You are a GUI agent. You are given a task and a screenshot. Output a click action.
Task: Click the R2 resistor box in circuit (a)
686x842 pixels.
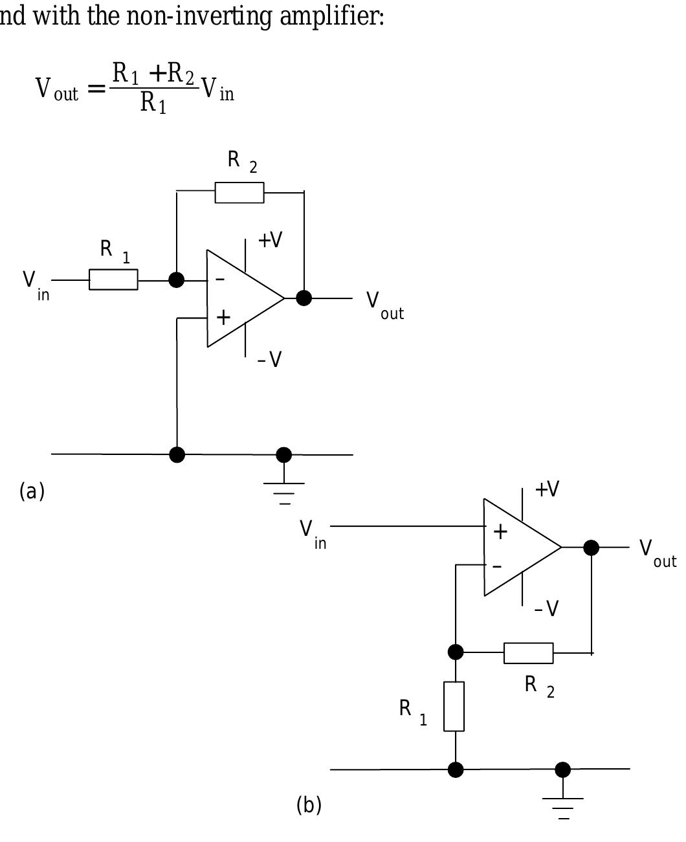239,193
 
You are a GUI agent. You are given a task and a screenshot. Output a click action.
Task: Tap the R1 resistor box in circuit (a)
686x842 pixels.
113,280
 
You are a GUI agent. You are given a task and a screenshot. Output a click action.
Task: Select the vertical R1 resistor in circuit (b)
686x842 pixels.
454,706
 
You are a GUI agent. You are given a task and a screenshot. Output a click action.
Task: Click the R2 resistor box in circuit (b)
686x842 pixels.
528,653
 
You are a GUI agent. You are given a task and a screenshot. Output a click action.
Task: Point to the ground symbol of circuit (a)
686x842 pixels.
283,491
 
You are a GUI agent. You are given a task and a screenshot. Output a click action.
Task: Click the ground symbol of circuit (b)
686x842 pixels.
562,806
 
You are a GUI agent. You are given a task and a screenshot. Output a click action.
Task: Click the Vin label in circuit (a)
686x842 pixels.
36,284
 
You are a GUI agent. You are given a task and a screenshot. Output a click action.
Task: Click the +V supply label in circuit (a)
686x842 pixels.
270,240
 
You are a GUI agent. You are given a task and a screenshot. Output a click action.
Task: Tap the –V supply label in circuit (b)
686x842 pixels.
547,608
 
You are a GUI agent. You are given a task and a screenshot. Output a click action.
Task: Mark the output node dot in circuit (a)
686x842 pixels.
304,298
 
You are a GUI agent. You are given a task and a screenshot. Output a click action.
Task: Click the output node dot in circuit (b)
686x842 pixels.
591,548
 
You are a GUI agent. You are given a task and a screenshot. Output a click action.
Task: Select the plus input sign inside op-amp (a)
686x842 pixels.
223,317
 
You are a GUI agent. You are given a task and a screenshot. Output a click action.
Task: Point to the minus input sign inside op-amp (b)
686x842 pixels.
497,566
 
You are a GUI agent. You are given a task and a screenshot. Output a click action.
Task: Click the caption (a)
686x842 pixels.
32,491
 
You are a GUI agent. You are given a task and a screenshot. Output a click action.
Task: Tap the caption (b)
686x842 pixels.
309,805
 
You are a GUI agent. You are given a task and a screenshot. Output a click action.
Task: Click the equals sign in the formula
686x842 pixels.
96,89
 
